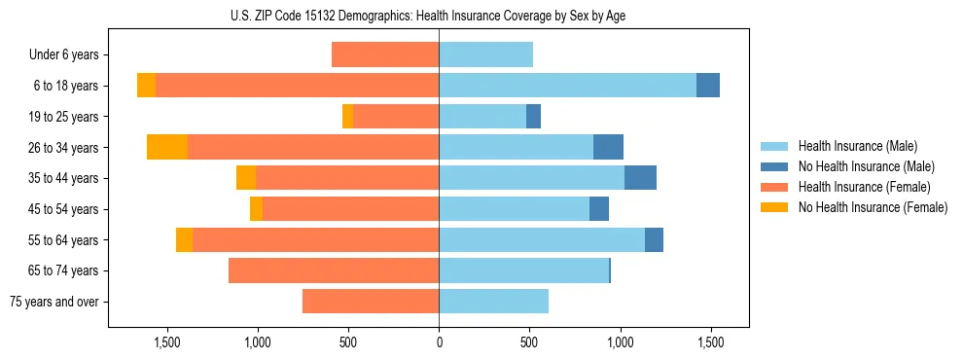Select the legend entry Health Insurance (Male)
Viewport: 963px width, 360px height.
point(857,146)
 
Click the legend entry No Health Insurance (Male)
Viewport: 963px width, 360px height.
point(866,166)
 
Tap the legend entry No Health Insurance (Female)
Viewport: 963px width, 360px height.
point(873,207)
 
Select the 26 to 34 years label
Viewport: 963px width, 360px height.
point(64,148)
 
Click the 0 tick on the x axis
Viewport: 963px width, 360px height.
point(439,342)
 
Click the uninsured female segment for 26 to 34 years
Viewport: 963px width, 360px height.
point(167,147)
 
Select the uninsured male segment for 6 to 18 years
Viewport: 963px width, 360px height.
point(708,86)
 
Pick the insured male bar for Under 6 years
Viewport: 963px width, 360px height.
point(485,54)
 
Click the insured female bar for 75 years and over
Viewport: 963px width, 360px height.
point(371,302)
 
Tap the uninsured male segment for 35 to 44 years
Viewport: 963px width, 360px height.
point(640,178)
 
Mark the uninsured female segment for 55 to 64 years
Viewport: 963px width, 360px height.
point(184,239)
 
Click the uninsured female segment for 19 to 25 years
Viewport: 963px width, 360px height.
point(347,117)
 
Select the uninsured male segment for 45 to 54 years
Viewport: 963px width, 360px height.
point(599,209)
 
